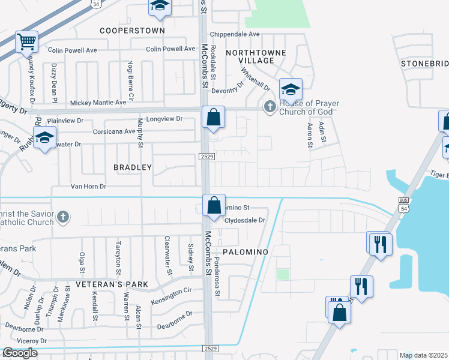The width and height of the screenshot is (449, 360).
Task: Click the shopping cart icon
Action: [26, 43]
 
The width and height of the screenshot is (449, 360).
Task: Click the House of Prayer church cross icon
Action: [270, 107]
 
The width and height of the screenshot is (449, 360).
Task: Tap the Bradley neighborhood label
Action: [133, 167]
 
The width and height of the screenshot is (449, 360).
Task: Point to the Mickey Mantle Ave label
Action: [98, 103]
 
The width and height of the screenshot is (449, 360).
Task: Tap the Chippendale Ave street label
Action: [235, 34]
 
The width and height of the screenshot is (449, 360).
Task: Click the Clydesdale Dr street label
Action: [244, 220]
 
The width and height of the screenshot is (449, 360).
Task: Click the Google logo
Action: [20, 353]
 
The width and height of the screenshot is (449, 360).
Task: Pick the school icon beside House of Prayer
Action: [291, 90]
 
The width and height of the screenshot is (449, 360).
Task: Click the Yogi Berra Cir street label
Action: [130, 80]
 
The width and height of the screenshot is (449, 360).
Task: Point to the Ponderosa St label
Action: [218, 280]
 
